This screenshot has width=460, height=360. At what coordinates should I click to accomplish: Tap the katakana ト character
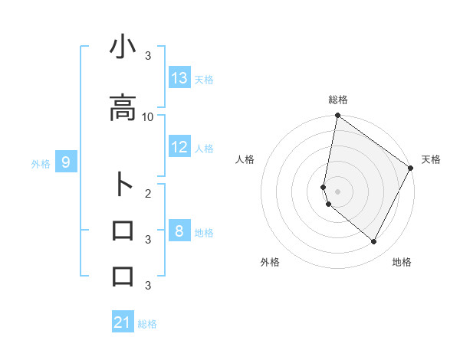(x=123, y=185)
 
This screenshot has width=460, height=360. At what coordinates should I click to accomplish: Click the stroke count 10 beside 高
(x=148, y=116)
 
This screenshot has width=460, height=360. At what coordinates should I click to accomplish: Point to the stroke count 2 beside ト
(x=148, y=193)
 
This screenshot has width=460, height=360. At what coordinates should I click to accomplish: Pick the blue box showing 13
(x=179, y=78)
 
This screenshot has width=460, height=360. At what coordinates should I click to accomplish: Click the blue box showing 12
(x=179, y=147)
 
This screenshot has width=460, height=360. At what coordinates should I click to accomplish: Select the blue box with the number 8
(x=179, y=231)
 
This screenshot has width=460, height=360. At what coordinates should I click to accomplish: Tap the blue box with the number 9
(x=66, y=162)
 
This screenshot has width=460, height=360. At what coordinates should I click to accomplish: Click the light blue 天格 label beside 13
(x=204, y=79)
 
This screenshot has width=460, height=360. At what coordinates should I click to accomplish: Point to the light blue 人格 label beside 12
(x=204, y=148)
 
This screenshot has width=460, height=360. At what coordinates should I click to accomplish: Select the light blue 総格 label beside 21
(x=147, y=324)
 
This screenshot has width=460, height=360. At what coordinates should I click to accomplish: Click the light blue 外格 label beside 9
(x=41, y=163)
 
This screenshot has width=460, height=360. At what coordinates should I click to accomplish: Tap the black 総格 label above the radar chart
(x=338, y=100)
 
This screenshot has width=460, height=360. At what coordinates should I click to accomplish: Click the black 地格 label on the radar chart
(x=402, y=262)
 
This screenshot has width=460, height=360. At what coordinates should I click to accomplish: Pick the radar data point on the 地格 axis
(x=374, y=242)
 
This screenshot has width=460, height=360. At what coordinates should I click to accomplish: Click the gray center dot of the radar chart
(x=338, y=191)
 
